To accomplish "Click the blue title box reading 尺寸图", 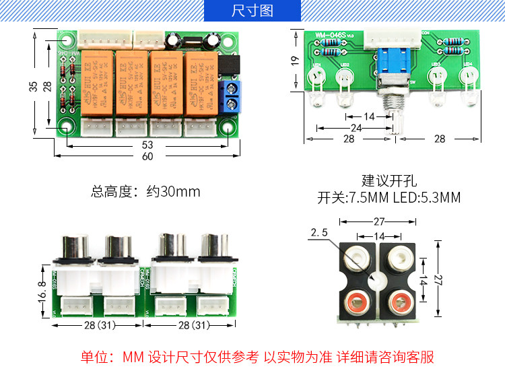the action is point(252,11).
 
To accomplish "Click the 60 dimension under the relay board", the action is point(147,156).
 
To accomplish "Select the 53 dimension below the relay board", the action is point(147,144).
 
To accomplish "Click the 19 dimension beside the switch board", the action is point(294,61).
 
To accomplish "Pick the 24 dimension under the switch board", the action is point(356,127).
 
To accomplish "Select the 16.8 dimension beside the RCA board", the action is point(41,294).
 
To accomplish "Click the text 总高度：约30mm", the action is point(146,191).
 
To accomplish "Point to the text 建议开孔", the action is point(389,180).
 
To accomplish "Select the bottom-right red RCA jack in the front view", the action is point(400,299).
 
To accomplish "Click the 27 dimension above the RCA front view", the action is point(379,221).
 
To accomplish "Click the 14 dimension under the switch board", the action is point(369,116).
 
